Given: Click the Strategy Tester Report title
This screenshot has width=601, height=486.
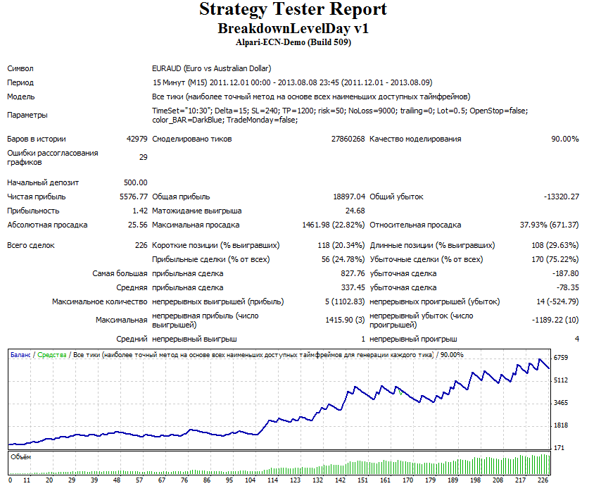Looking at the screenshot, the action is click(x=293, y=10).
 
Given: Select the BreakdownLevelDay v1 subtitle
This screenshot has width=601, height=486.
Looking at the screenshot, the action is click(x=293, y=28).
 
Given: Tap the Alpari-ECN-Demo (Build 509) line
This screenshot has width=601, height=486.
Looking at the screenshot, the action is click(x=293, y=42).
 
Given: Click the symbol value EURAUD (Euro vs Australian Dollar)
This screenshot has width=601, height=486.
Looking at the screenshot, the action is click(x=212, y=68).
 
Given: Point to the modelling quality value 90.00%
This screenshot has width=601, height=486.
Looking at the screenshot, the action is click(x=565, y=139).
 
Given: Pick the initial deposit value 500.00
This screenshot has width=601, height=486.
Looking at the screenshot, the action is click(x=136, y=182).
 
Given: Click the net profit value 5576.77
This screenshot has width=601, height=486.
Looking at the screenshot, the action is click(x=134, y=197).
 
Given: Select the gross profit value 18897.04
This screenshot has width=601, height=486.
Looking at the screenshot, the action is click(x=349, y=197).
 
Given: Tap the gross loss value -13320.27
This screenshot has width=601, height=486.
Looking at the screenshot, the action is click(x=562, y=197).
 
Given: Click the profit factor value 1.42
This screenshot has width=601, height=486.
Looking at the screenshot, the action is click(x=140, y=211).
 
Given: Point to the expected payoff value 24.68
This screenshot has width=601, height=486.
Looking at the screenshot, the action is click(x=355, y=211).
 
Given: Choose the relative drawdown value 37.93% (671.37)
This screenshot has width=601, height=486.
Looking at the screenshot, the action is click(x=549, y=225).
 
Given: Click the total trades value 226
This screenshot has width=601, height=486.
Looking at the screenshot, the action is click(x=141, y=246).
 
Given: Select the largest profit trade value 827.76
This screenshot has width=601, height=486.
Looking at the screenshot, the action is click(x=353, y=273).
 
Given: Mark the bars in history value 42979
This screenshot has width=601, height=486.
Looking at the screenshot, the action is click(x=137, y=139).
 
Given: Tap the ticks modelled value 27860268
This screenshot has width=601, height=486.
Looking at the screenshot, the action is click(x=348, y=139).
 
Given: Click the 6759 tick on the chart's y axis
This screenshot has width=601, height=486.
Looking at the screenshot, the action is click(x=561, y=358).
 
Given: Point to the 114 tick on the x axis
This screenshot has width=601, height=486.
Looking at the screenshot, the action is click(x=272, y=480).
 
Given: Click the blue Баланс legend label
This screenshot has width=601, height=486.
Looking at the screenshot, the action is click(x=20, y=355).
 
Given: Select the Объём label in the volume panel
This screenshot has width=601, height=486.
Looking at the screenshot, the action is click(x=20, y=457).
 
